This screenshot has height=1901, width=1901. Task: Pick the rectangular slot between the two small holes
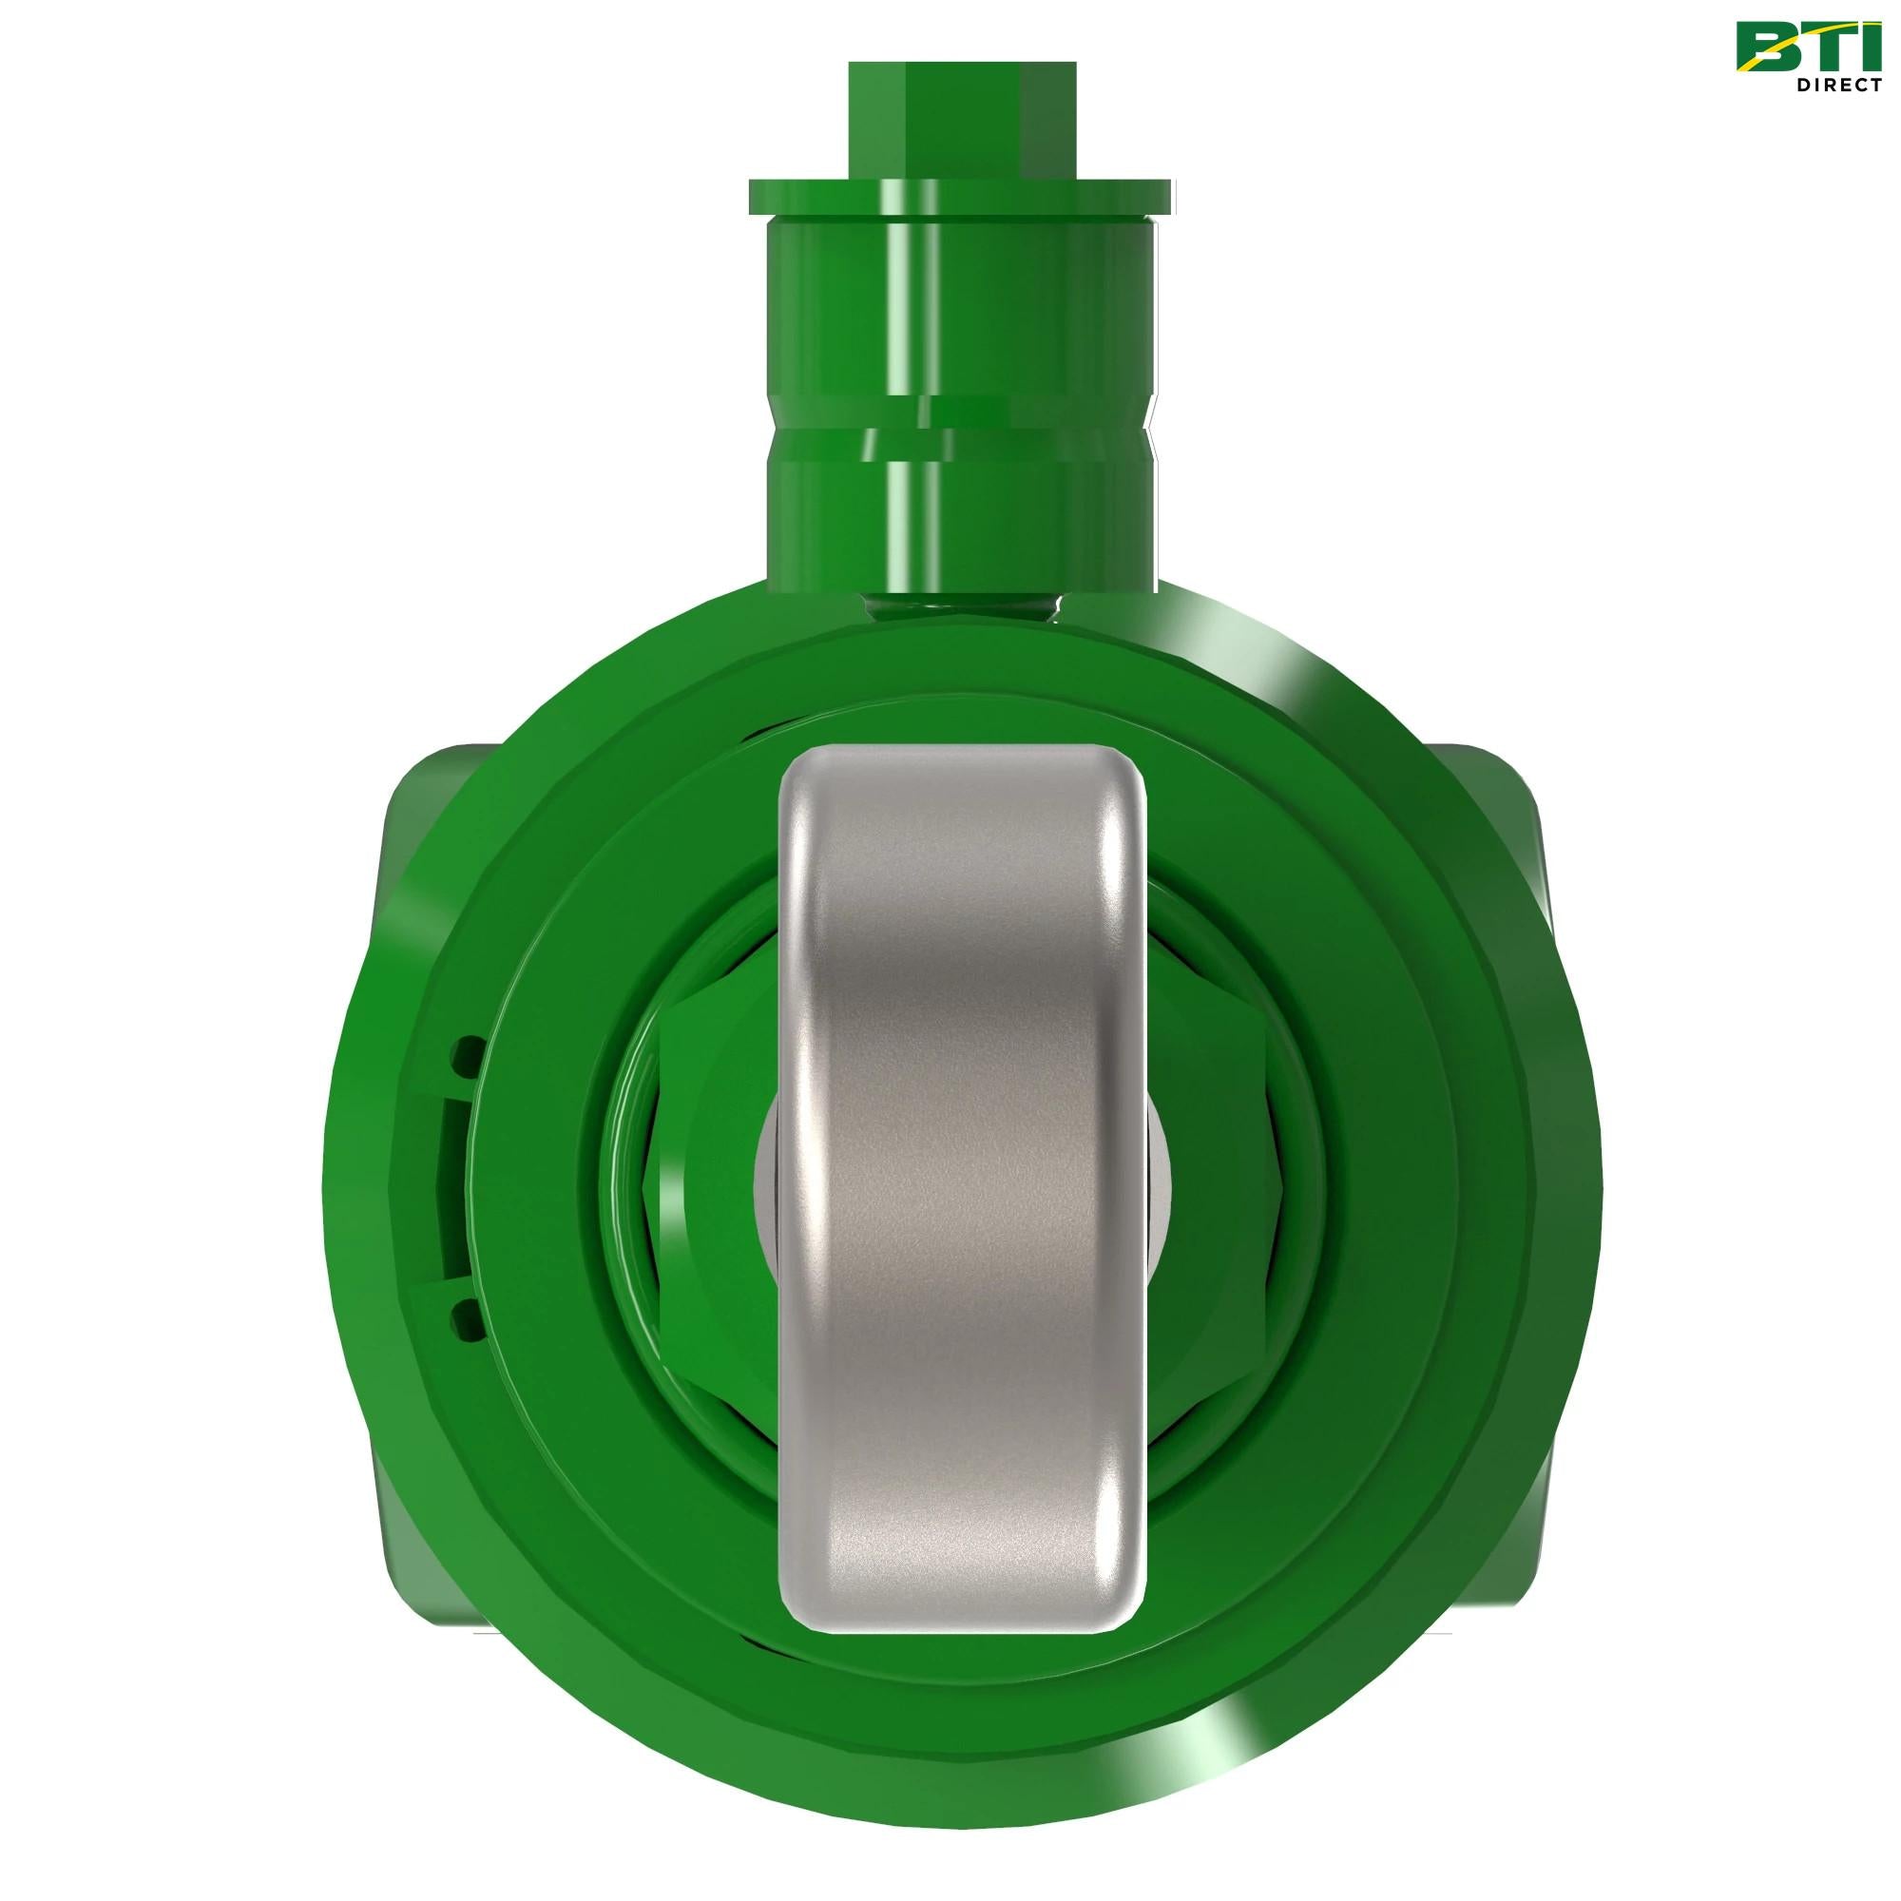click(452, 1185)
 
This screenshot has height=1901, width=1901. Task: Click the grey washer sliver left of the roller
click(767, 1181)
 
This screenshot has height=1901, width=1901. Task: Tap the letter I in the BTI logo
click(1865, 48)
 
